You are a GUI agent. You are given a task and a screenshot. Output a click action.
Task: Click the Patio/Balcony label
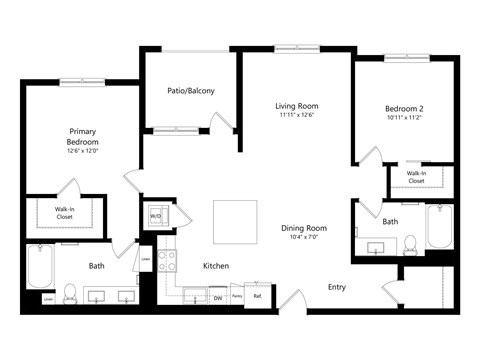tap(190, 91)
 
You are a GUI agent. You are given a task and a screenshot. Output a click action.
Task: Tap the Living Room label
tap(297, 105)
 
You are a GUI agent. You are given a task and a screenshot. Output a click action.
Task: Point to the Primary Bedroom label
tap(82, 137)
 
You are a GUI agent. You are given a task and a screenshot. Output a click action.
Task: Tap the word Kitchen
tap(217, 266)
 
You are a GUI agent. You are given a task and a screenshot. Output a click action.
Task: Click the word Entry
tap(338, 287)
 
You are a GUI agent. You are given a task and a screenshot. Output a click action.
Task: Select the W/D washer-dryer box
tap(156, 215)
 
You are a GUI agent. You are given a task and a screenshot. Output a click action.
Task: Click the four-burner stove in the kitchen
tap(167, 260)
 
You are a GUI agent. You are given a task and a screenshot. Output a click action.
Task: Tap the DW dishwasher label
tap(217, 296)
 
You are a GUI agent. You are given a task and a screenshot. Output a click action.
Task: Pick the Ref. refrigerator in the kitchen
tap(257, 296)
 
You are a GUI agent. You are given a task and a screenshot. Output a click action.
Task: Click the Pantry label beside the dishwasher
tap(237, 296)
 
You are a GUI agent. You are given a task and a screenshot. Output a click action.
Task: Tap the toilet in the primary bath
tap(70, 293)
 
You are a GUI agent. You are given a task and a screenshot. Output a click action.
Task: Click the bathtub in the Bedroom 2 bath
tap(440, 227)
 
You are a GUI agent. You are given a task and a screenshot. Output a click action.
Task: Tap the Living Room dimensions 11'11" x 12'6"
tap(297, 115)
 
